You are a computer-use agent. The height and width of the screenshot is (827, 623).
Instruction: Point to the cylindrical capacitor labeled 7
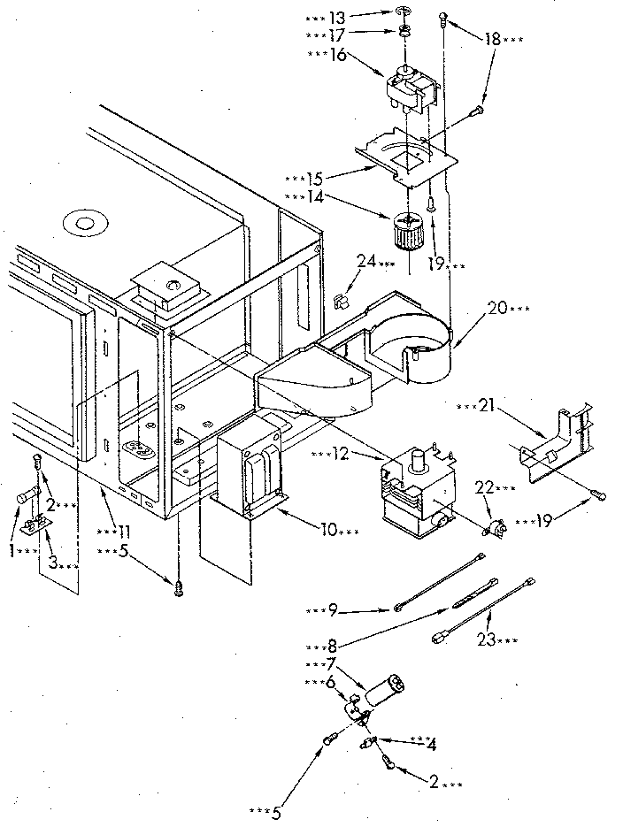pyautogui.click(x=384, y=689)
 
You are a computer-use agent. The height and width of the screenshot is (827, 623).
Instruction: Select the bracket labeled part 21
pyautogui.click(x=553, y=446)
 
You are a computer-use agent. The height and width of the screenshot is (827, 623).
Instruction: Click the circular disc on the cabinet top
pyautogui.click(x=85, y=220)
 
